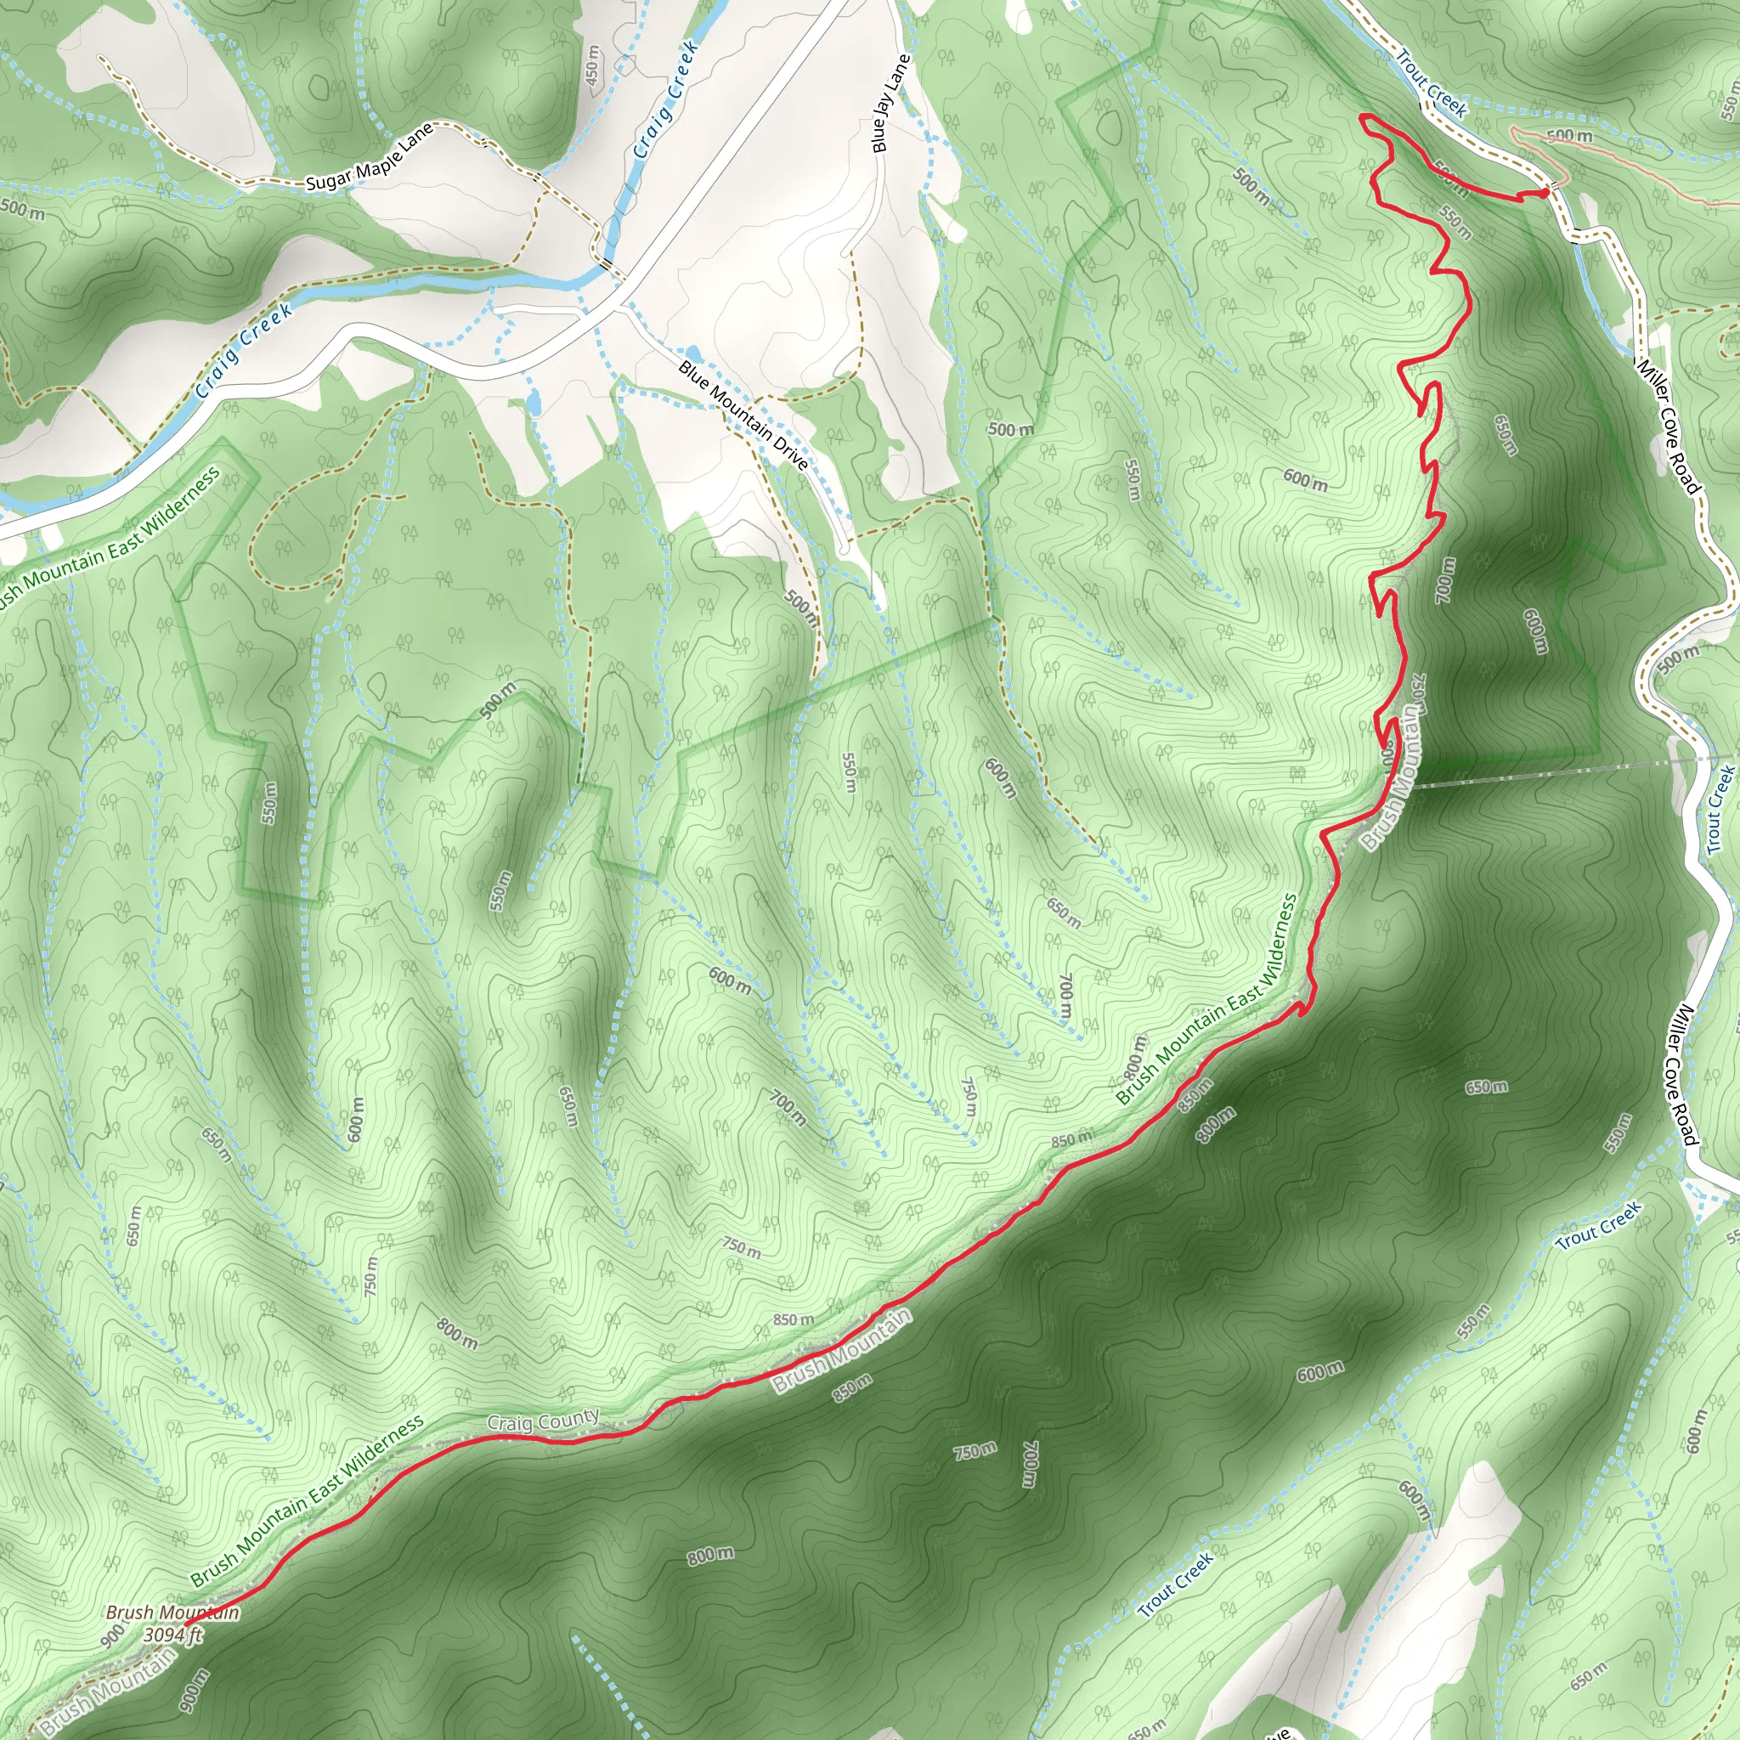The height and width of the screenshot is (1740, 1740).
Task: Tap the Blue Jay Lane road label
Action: point(890,103)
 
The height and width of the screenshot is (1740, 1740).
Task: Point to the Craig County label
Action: point(542,1421)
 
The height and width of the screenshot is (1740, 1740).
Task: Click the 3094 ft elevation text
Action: point(174,1635)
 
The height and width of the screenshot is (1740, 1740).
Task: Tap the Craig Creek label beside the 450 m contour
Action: point(665,100)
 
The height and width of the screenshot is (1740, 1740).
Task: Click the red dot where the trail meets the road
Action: point(1545,192)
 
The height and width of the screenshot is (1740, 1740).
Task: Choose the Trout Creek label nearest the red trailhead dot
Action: point(1431,84)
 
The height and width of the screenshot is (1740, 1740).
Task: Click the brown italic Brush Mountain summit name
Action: point(172,1612)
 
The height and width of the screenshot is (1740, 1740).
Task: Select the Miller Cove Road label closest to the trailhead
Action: point(1669,426)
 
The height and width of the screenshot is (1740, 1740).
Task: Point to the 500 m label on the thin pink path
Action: point(1569,136)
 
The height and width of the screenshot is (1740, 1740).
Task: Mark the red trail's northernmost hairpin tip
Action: point(1364,117)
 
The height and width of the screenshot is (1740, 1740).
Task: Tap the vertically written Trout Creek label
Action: point(1720,809)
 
